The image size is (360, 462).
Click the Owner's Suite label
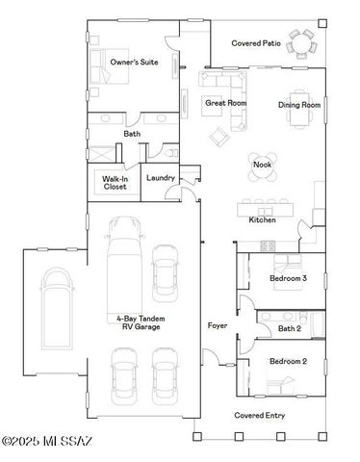[134, 62]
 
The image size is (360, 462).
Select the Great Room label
[225, 102]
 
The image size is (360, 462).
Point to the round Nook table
[263, 165]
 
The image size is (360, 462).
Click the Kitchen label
[263, 220]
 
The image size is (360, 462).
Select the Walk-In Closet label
[115, 183]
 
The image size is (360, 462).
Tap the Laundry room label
[160, 178]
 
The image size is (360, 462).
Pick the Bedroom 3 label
[287, 279]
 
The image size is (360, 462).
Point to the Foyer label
[218, 326]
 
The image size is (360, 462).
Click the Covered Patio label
[255, 43]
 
